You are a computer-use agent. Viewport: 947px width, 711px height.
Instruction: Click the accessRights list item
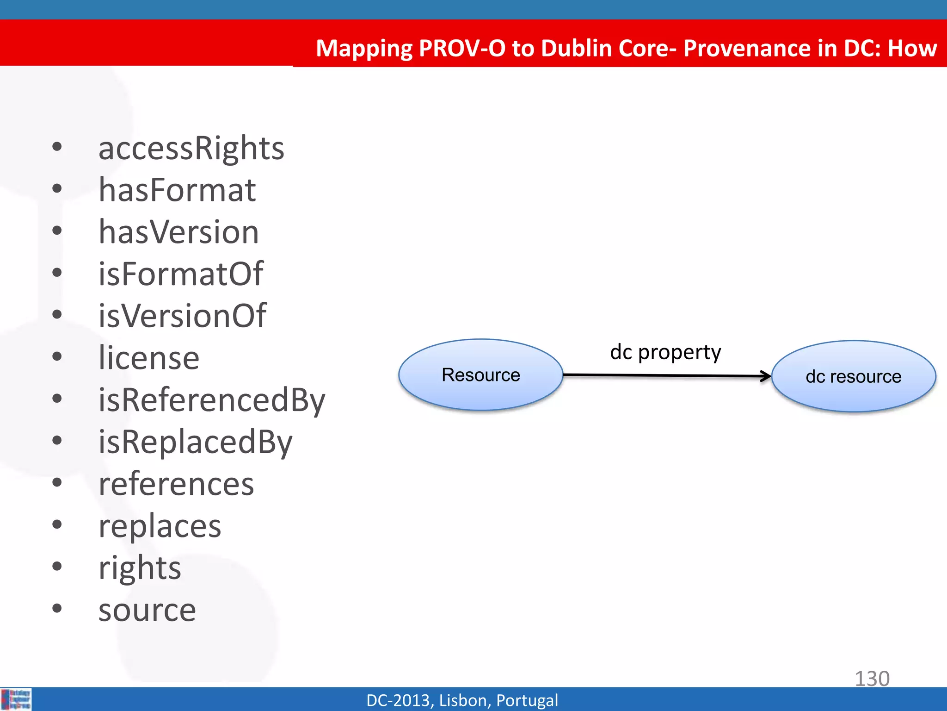(x=191, y=149)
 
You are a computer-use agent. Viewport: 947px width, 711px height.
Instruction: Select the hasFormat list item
(x=177, y=190)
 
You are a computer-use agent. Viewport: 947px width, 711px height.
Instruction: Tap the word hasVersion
(x=178, y=232)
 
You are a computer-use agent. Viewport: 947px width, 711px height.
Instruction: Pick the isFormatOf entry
(x=180, y=274)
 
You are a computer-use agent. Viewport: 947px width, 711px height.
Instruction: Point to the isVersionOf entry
(x=182, y=316)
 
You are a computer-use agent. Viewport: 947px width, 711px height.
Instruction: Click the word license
(x=149, y=358)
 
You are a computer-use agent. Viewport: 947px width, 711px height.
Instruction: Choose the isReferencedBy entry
(x=212, y=400)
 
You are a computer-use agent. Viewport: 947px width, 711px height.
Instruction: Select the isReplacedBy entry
(x=195, y=442)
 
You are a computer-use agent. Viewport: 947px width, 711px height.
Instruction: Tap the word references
(x=176, y=484)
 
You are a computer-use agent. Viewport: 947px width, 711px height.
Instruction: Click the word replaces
(x=160, y=526)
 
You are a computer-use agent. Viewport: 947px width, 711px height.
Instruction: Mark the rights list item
(x=140, y=568)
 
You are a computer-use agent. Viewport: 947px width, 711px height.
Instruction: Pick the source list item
(x=147, y=610)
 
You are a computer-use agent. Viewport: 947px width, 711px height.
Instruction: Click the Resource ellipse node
(x=480, y=375)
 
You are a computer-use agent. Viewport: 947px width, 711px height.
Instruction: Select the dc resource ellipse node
(x=853, y=376)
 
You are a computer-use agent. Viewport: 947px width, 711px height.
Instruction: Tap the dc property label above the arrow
(x=665, y=352)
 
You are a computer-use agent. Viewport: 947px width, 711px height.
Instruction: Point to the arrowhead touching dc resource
(x=766, y=376)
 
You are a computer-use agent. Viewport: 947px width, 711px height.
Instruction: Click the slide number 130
(x=872, y=679)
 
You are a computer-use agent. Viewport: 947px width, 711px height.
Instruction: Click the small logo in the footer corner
(x=16, y=699)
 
